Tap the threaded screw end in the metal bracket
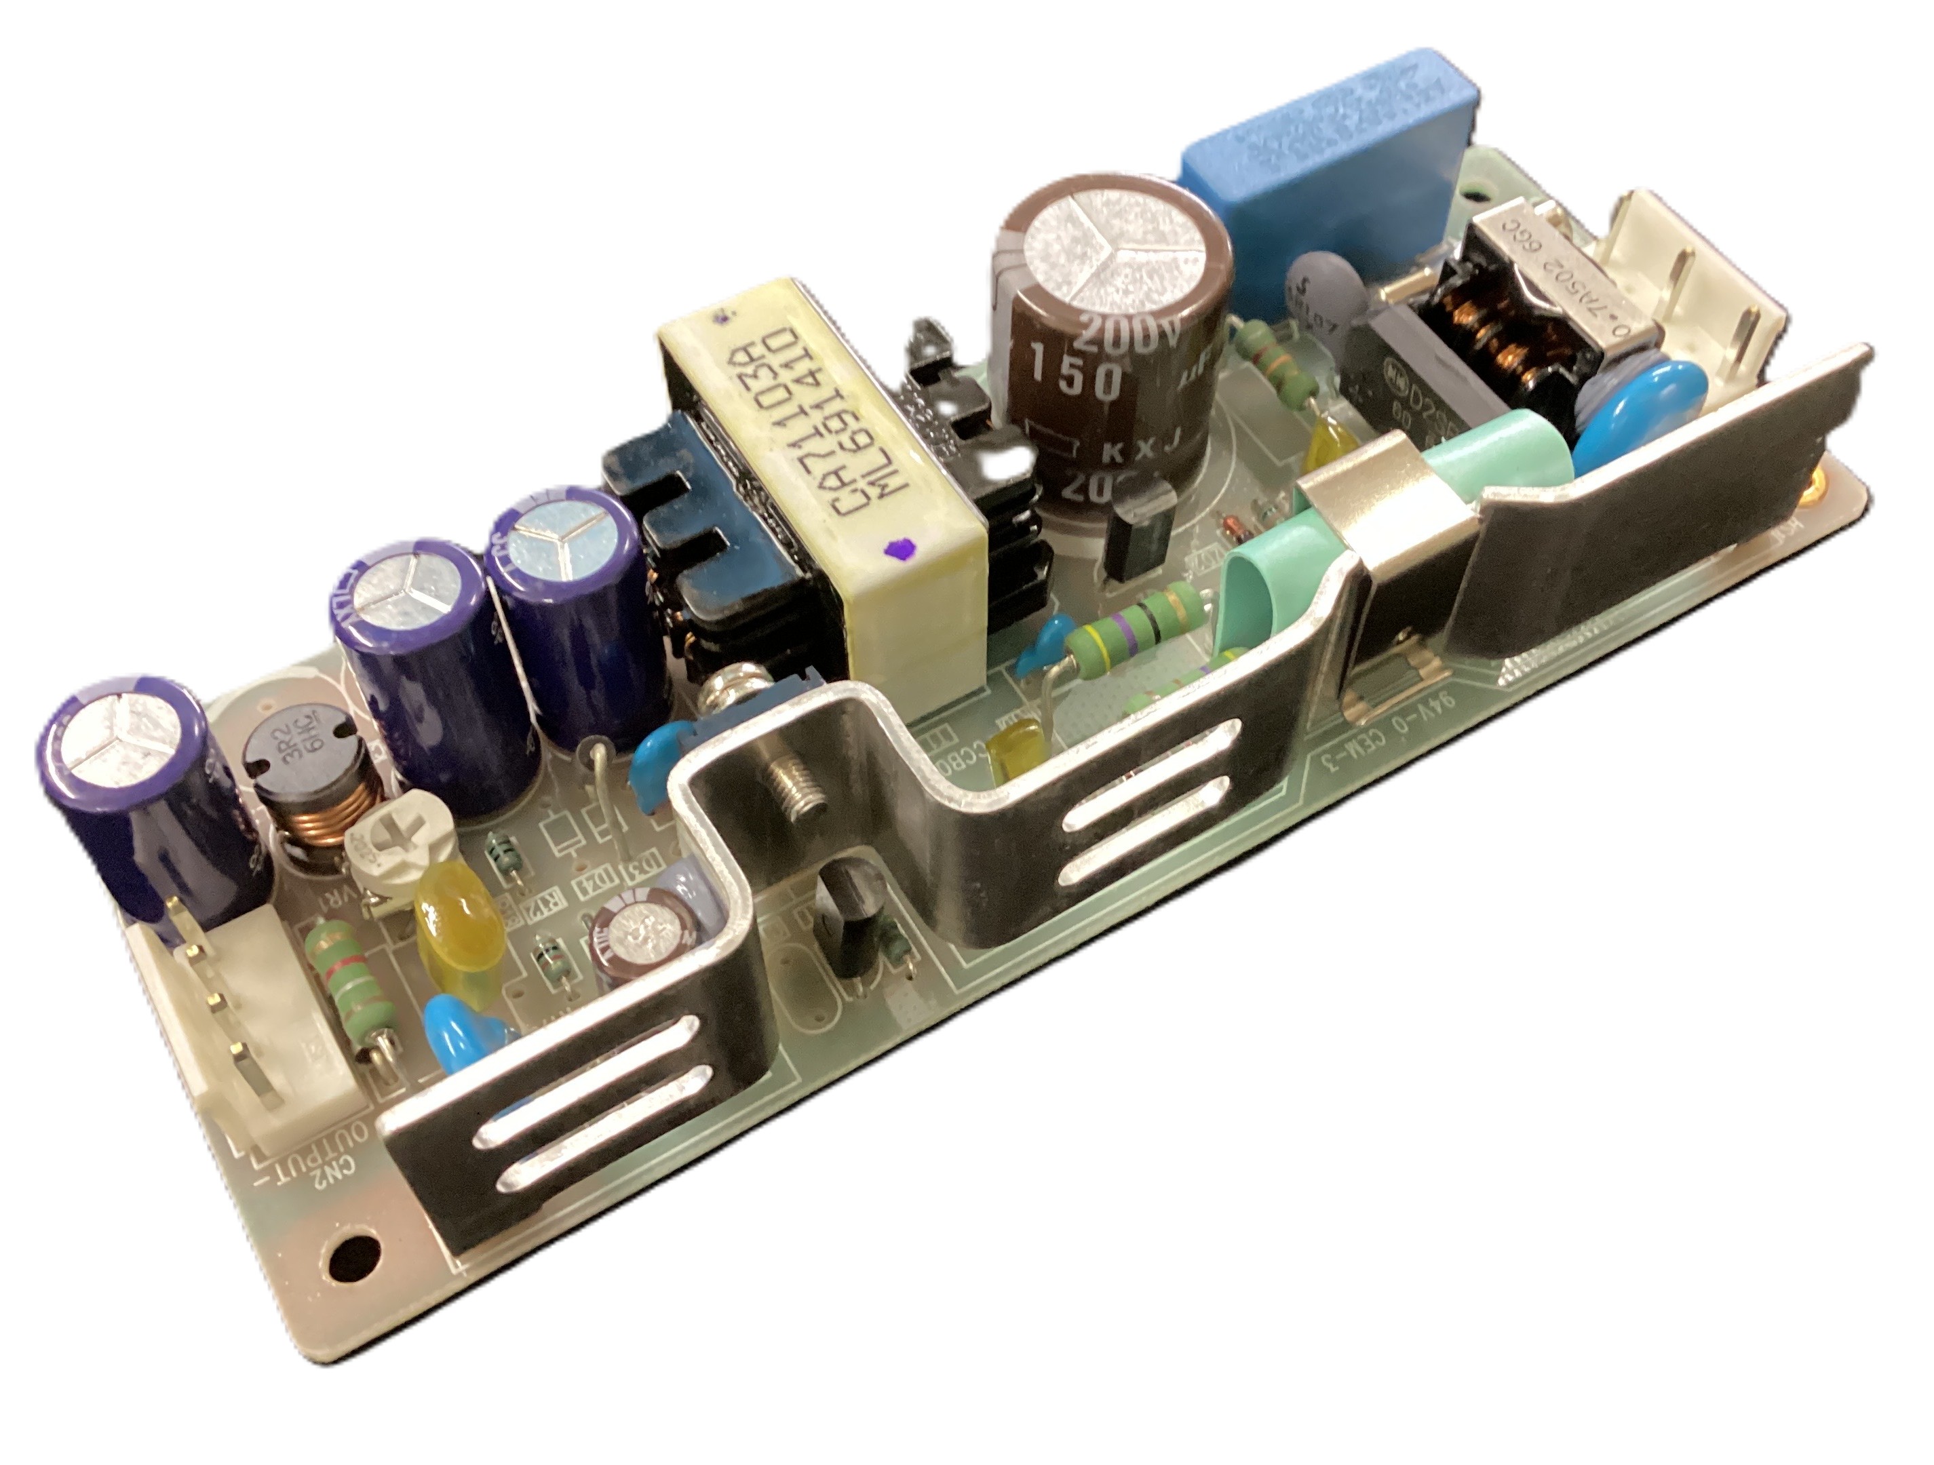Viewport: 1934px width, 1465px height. point(797,790)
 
